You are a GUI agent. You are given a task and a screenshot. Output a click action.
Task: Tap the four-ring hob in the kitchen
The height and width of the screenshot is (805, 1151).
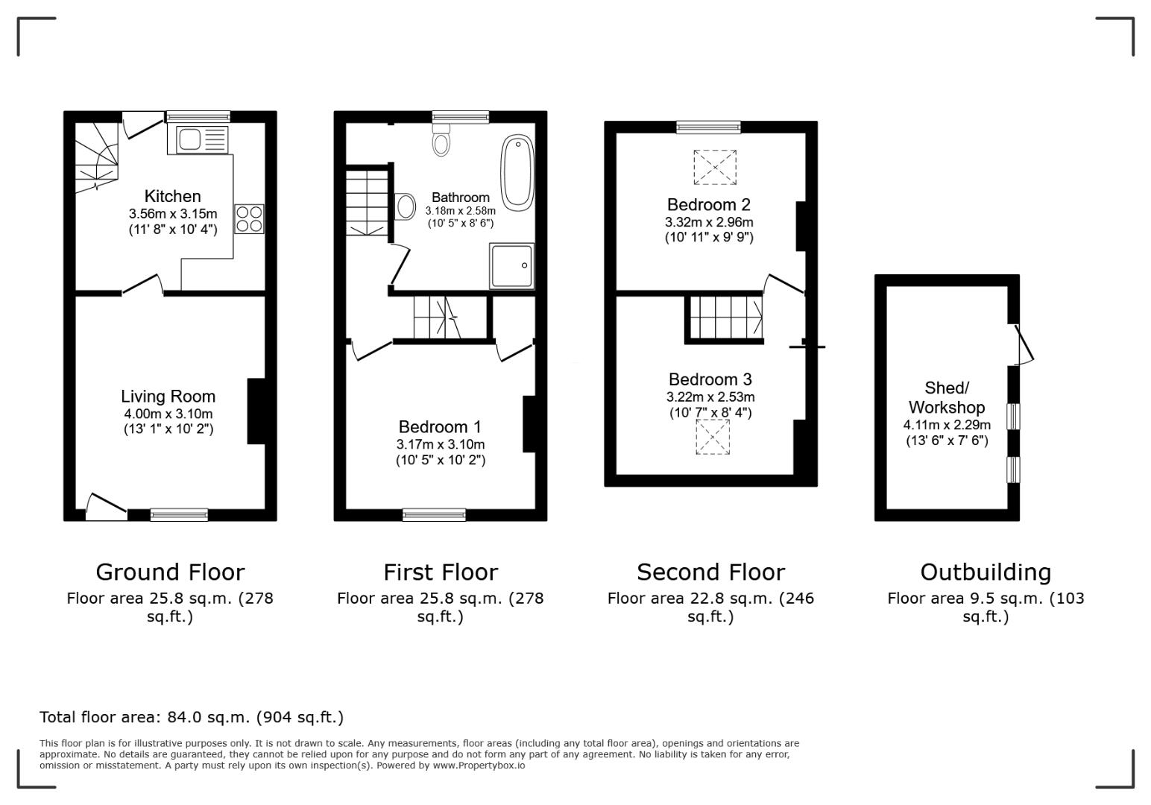pyautogui.click(x=249, y=218)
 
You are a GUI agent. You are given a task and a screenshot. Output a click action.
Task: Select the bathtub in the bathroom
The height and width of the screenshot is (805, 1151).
pyautogui.click(x=517, y=171)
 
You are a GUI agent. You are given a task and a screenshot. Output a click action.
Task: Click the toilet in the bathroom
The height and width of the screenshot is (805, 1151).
pyautogui.click(x=441, y=140)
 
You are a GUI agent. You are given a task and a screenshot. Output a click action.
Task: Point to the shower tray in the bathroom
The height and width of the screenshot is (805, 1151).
pyautogui.click(x=511, y=265)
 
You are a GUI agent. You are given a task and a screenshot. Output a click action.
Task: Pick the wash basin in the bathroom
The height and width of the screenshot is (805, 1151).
pyautogui.click(x=406, y=206)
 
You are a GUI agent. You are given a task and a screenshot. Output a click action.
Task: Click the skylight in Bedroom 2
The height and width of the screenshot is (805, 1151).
pyautogui.click(x=714, y=167)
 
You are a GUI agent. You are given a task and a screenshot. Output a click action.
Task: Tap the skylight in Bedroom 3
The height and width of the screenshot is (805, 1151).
pyautogui.click(x=712, y=437)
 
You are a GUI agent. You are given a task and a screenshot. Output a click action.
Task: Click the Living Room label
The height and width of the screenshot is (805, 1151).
pyautogui.click(x=168, y=397)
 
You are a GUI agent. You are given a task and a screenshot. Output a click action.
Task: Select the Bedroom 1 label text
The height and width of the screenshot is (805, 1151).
pyautogui.click(x=440, y=427)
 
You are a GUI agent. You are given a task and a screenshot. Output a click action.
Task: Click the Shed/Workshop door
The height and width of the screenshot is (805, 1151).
pyautogui.click(x=1024, y=344)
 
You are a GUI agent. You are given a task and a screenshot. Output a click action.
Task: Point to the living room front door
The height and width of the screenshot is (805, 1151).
pyautogui.click(x=106, y=507)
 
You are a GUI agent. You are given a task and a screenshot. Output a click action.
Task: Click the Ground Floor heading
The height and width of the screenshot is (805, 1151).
pyautogui.click(x=170, y=572)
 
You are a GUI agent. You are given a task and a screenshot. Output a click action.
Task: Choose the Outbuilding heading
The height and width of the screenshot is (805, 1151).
pyautogui.click(x=985, y=572)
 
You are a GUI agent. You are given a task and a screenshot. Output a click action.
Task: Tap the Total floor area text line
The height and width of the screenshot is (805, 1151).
pyautogui.click(x=192, y=717)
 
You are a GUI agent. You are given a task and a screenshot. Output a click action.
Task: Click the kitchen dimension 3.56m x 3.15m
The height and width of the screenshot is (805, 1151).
pyautogui.click(x=172, y=214)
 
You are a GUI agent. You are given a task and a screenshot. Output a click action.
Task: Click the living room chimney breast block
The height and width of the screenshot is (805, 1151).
pyautogui.click(x=256, y=412)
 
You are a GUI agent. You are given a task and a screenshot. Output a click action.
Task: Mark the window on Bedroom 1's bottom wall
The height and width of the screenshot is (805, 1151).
pyautogui.click(x=434, y=514)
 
